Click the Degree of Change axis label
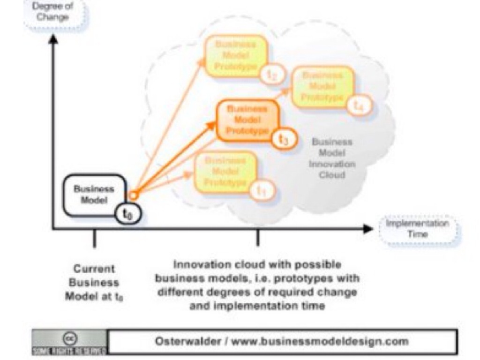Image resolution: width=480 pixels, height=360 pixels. point(53,13)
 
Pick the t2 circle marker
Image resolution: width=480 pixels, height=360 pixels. point(273,75)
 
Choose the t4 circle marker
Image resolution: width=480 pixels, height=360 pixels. point(359,106)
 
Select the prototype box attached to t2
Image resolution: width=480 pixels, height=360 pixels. point(235,56)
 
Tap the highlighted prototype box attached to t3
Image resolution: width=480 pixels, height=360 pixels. point(247,120)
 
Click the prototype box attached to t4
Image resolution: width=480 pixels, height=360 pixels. point(323,87)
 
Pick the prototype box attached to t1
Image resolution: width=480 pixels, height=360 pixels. point(225,171)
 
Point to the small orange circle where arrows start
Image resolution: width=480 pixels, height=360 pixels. point(134,195)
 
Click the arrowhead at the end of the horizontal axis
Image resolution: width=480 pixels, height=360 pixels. point(369,229)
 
